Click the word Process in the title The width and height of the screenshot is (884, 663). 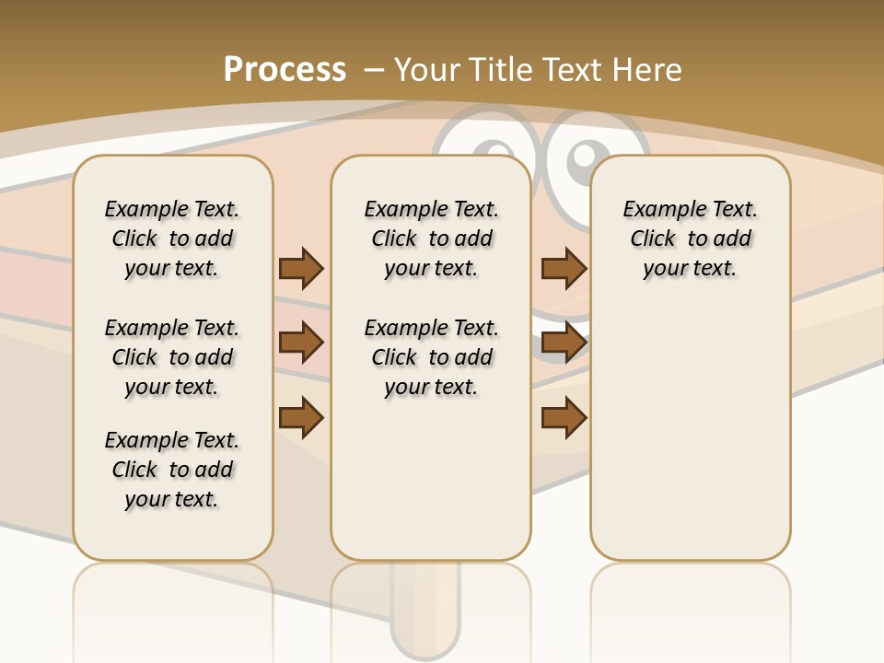(x=285, y=69)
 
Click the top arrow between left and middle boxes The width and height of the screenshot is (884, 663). (x=301, y=268)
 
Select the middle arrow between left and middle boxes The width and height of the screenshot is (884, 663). (x=301, y=343)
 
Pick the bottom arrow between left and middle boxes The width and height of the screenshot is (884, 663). (x=301, y=417)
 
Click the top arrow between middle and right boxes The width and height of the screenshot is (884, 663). (x=564, y=268)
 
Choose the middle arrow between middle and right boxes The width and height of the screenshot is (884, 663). (x=564, y=343)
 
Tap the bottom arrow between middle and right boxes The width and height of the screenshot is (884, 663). (x=564, y=417)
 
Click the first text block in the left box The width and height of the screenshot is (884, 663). (x=172, y=238)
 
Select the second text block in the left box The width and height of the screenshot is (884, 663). (x=172, y=357)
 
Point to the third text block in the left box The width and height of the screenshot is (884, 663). (x=172, y=470)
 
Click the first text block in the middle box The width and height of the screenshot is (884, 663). (x=432, y=238)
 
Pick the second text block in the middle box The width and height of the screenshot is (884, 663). (x=432, y=357)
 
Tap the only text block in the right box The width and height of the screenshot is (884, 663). (x=691, y=238)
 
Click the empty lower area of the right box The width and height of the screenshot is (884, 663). (x=691, y=433)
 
